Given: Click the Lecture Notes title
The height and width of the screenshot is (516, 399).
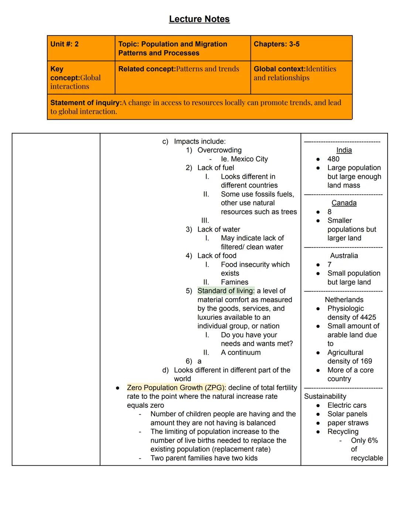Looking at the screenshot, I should tap(199, 19).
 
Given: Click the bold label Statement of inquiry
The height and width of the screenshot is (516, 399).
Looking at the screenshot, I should tap(86, 103).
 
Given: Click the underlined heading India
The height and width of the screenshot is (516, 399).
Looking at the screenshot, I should tap(344, 150).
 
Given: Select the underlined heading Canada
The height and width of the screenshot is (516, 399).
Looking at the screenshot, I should tap(344, 203).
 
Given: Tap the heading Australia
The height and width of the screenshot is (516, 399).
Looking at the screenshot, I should tap(344, 256).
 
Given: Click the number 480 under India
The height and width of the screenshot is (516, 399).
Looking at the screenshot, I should tap(333, 159).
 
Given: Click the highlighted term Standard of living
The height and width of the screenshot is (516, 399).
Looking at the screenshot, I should tap(226, 291).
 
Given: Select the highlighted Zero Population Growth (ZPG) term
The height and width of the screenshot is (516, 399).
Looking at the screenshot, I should tap(176, 388).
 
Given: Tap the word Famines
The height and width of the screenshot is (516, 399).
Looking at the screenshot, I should tap(235, 282).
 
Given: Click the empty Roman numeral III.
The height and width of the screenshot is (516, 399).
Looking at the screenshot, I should tap(205, 221).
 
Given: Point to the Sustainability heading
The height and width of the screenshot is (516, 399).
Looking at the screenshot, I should tap(325, 396).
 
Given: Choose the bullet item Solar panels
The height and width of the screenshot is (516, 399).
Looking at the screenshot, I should tap(347, 414).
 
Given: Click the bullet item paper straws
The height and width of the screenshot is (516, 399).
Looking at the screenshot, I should tap(348, 423).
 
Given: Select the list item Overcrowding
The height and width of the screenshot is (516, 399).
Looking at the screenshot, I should tap(219, 150).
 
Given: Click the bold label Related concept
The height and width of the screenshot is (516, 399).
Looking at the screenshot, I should tap(147, 69).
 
